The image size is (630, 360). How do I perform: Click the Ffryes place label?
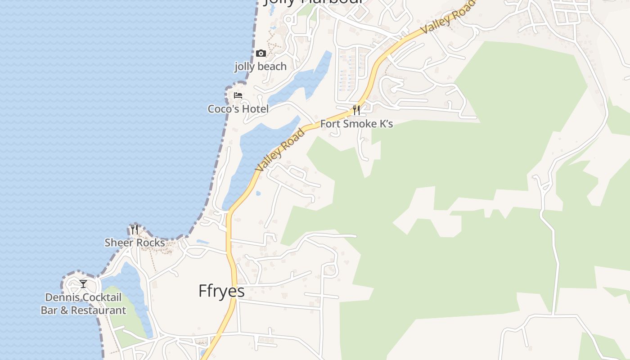tap(221, 291)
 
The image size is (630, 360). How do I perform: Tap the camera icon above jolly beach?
tap(261, 54)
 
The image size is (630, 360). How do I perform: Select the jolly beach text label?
tap(260, 67)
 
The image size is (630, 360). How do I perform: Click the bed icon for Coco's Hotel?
tap(238, 95)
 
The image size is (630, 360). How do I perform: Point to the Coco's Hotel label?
tap(238, 109)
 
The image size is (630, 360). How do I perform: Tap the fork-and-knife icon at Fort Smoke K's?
tap(356, 110)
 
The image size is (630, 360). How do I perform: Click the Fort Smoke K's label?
tap(356, 124)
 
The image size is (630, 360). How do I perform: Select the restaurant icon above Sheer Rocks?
tap(135, 229)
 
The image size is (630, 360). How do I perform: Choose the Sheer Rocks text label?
tap(135, 243)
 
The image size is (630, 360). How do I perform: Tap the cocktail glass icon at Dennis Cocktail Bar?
tap(83, 284)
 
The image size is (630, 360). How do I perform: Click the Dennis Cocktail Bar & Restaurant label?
tap(83, 304)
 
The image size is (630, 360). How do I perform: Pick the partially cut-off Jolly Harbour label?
tap(313, 2)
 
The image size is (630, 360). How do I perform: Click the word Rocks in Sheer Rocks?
tap(150, 243)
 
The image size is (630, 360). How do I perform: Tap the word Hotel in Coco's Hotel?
tap(255, 109)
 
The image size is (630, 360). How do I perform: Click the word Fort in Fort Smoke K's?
tap(330, 124)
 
